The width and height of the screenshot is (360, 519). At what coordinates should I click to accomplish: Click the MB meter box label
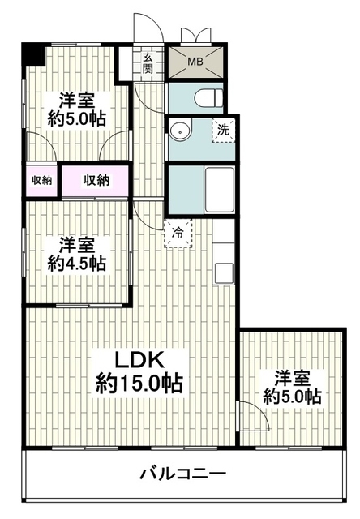(x=195, y=62)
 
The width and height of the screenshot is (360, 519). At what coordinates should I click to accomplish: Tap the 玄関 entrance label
(x=148, y=63)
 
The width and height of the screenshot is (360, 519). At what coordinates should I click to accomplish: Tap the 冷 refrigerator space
(x=178, y=234)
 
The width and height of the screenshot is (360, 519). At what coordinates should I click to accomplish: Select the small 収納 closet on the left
(x=41, y=180)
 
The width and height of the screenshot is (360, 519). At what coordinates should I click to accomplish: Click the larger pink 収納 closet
(x=96, y=181)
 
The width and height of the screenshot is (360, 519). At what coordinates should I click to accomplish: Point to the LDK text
(x=139, y=360)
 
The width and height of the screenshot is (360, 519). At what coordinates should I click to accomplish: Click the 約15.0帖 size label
(x=139, y=384)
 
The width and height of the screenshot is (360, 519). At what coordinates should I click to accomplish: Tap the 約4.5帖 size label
(x=76, y=264)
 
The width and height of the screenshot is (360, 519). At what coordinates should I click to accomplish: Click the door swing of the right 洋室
(x=255, y=415)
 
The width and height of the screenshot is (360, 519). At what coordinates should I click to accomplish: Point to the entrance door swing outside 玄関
(x=149, y=28)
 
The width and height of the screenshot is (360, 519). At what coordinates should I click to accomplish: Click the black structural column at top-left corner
(x=33, y=54)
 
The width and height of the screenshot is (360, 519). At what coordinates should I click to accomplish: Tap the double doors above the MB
(x=195, y=36)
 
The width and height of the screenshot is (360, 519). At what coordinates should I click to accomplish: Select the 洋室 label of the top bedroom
(x=77, y=101)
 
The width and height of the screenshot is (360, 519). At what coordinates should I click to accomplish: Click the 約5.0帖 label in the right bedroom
(x=292, y=396)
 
